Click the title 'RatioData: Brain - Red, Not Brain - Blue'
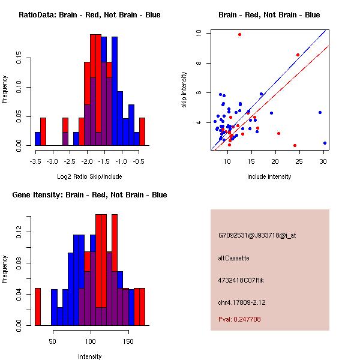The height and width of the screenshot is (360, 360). click(x=89, y=14)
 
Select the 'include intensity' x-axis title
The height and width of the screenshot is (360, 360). click(x=269, y=176)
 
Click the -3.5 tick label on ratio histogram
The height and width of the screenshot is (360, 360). click(x=35, y=161)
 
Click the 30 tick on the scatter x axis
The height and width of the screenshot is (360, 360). click(x=323, y=161)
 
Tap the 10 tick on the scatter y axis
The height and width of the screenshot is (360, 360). click(x=199, y=33)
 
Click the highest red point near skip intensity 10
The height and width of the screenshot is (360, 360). click(x=239, y=34)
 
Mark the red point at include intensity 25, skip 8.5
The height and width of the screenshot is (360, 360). click(x=298, y=55)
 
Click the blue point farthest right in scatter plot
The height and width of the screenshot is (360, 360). click(x=325, y=143)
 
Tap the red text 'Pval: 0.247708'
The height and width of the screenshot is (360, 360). click(x=239, y=319)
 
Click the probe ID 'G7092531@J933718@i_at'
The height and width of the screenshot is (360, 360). click(x=248, y=235)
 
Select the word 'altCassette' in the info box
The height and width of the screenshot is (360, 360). click(x=233, y=257)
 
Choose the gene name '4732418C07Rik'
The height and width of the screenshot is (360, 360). click(x=241, y=280)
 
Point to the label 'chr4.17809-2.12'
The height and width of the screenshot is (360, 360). click(x=242, y=301)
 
